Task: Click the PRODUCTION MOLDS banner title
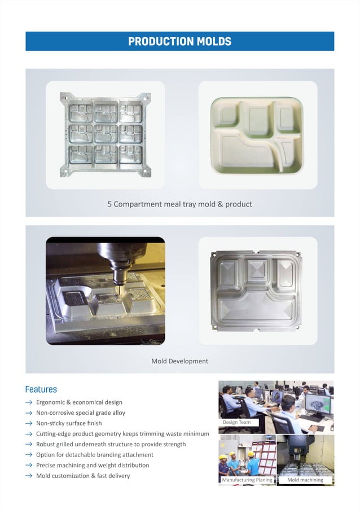pyautogui.click(x=179, y=41)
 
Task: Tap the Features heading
pyautogui.click(x=41, y=389)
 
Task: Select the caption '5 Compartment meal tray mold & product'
pyautogui.click(x=179, y=204)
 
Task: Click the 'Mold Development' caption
pyautogui.click(x=179, y=361)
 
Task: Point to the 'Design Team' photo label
pyautogui.click(x=237, y=422)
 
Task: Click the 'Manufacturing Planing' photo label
pyautogui.click(x=247, y=480)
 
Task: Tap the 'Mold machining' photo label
pyautogui.click(x=305, y=480)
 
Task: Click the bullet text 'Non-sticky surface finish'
pyautogui.click(x=69, y=423)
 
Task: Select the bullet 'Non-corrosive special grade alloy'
pyautogui.click(x=81, y=413)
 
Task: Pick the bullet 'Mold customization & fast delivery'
pyautogui.click(x=83, y=476)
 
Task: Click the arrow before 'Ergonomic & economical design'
pyautogui.click(x=28, y=402)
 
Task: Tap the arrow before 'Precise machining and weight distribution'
pyautogui.click(x=28, y=466)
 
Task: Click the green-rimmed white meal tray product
pyautogui.click(x=257, y=135)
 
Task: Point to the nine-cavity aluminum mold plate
pyautogui.click(x=106, y=135)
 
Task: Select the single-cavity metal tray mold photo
pyautogui.click(x=257, y=291)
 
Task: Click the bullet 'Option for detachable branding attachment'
pyautogui.click(x=95, y=455)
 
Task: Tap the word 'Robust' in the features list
pyautogui.click(x=46, y=444)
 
